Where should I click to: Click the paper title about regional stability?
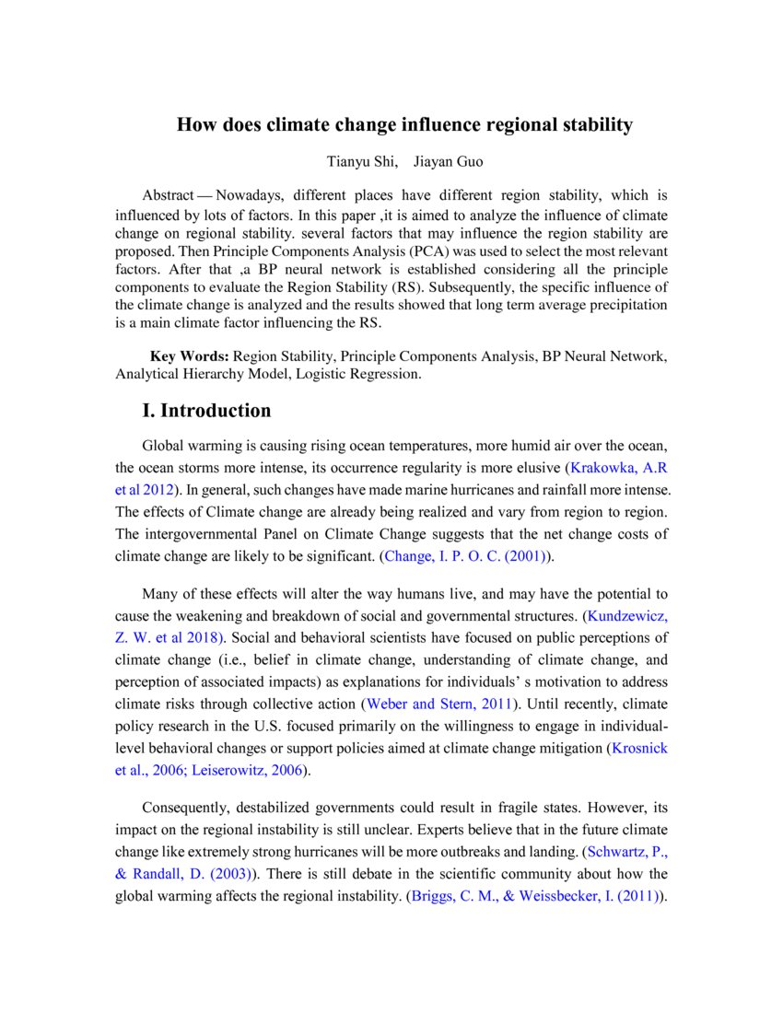[x=404, y=125]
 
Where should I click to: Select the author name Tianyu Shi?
[x=362, y=162]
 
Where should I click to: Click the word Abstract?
[x=168, y=196]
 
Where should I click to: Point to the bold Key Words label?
[x=189, y=356]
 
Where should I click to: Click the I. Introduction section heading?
[x=206, y=411]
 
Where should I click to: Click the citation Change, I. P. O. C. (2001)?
[x=465, y=556]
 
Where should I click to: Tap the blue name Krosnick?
[x=639, y=749]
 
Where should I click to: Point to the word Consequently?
[x=193, y=808]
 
